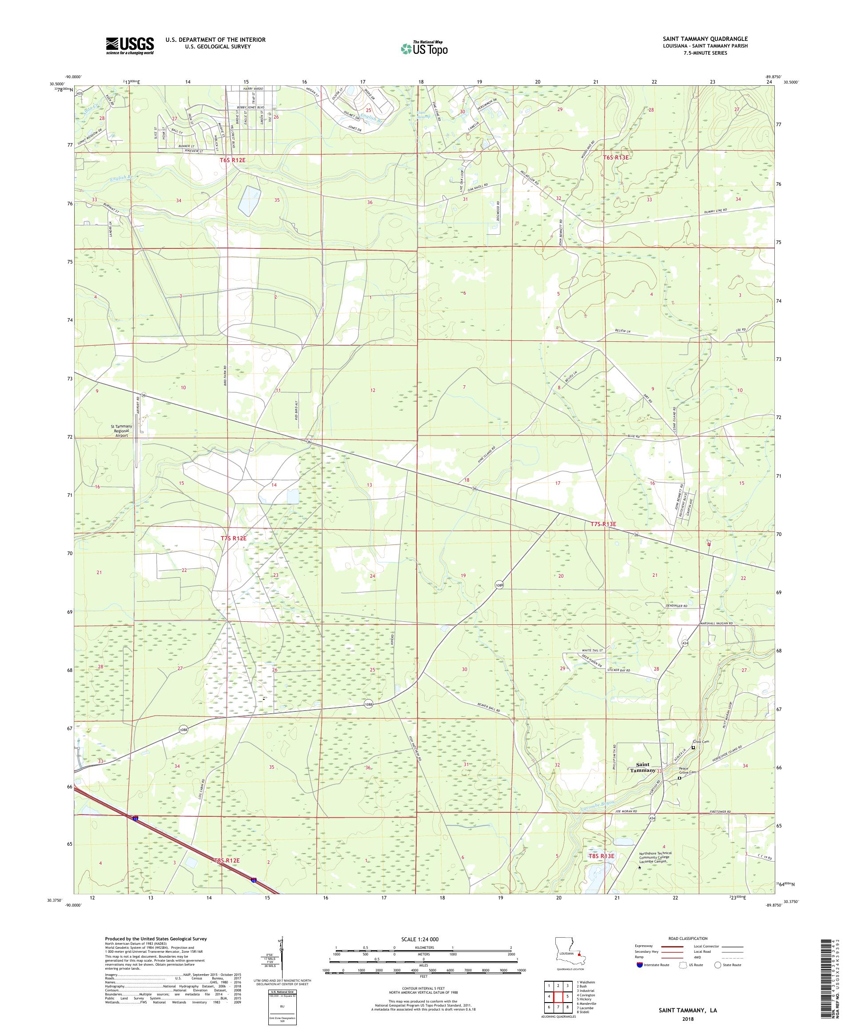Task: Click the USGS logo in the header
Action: coord(130,46)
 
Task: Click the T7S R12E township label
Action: coord(233,538)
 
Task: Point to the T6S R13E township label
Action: coord(615,158)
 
